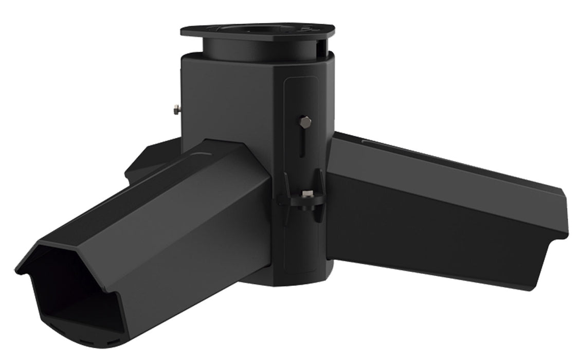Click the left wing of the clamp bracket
[283, 195]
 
